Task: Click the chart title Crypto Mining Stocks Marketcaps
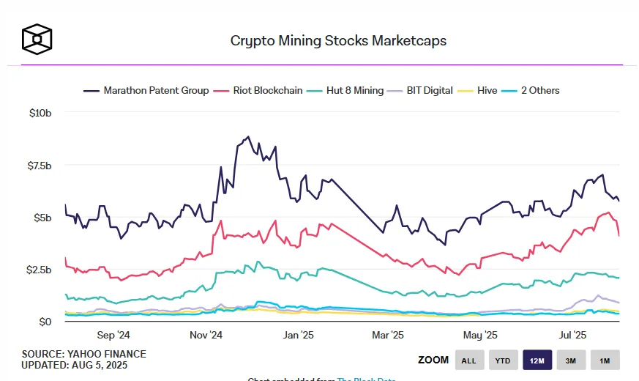(x=338, y=41)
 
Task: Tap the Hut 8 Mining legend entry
(x=346, y=90)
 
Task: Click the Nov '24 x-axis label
(x=206, y=336)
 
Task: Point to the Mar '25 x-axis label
(x=387, y=336)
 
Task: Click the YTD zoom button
(x=503, y=360)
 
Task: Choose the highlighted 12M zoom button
(x=537, y=360)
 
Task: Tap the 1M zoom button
(x=605, y=360)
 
